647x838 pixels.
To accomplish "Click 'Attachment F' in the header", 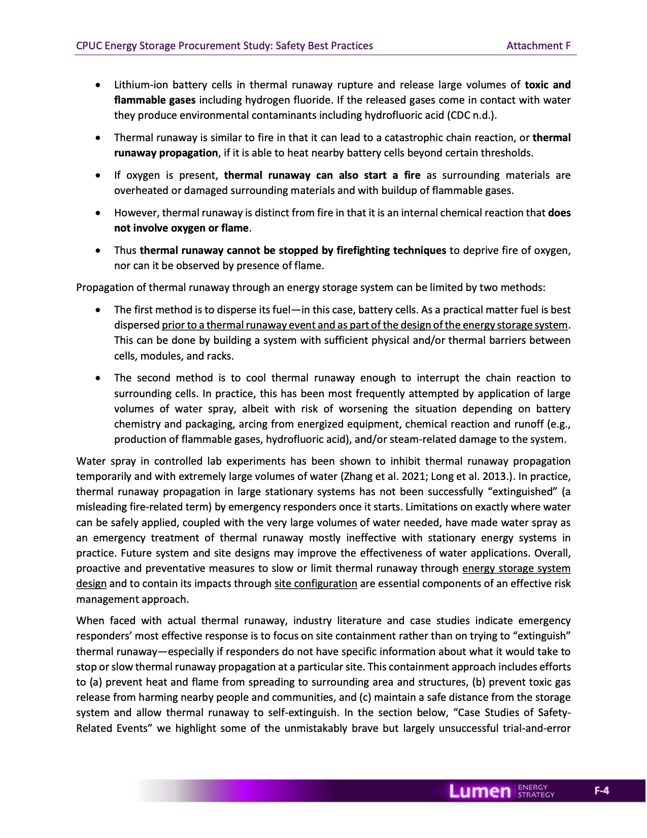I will pyautogui.click(x=538, y=46).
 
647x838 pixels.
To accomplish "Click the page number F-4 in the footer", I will pyautogui.click(x=602, y=791).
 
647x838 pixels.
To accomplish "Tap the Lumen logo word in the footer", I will pyautogui.click(x=480, y=791).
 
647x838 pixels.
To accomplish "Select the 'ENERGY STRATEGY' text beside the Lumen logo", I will pyautogui.click(x=536, y=791).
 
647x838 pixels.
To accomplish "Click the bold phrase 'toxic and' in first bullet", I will pyautogui.click(x=548, y=85).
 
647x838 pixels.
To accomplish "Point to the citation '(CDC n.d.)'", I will pyautogui.click(x=471, y=115).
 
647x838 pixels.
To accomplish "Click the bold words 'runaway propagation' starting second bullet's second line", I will pyautogui.click(x=166, y=153).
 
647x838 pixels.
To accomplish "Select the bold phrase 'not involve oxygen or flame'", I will pyautogui.click(x=181, y=228).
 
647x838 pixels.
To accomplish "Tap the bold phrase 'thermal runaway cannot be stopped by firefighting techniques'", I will pyautogui.click(x=293, y=250).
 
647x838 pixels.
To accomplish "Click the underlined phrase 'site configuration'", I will pyautogui.click(x=316, y=584).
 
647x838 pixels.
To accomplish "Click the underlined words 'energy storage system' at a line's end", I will pyautogui.click(x=516, y=568).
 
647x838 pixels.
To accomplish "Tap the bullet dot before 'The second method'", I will pyautogui.click(x=98, y=378).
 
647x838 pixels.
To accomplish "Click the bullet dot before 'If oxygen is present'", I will pyautogui.click(x=98, y=176).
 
